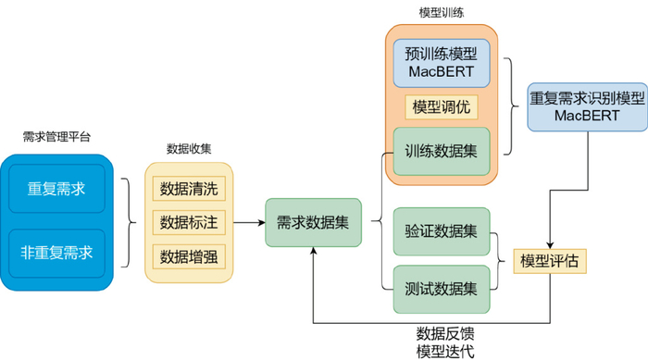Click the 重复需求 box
pos(58,189)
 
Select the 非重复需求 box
pos(58,250)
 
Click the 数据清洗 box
pos(189,189)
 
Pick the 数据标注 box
pos(189,222)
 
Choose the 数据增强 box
pos(189,254)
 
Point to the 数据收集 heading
pos(189,147)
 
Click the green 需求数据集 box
pos(313,222)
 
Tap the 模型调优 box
pos(441,106)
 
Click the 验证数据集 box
pos(441,231)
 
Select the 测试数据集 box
pos(441,288)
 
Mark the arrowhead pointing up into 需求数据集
pos(313,253)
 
